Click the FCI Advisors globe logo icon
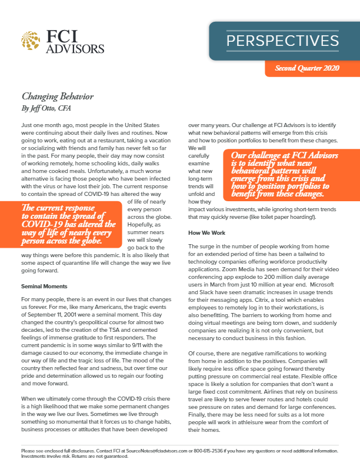31,42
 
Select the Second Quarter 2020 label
307,69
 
